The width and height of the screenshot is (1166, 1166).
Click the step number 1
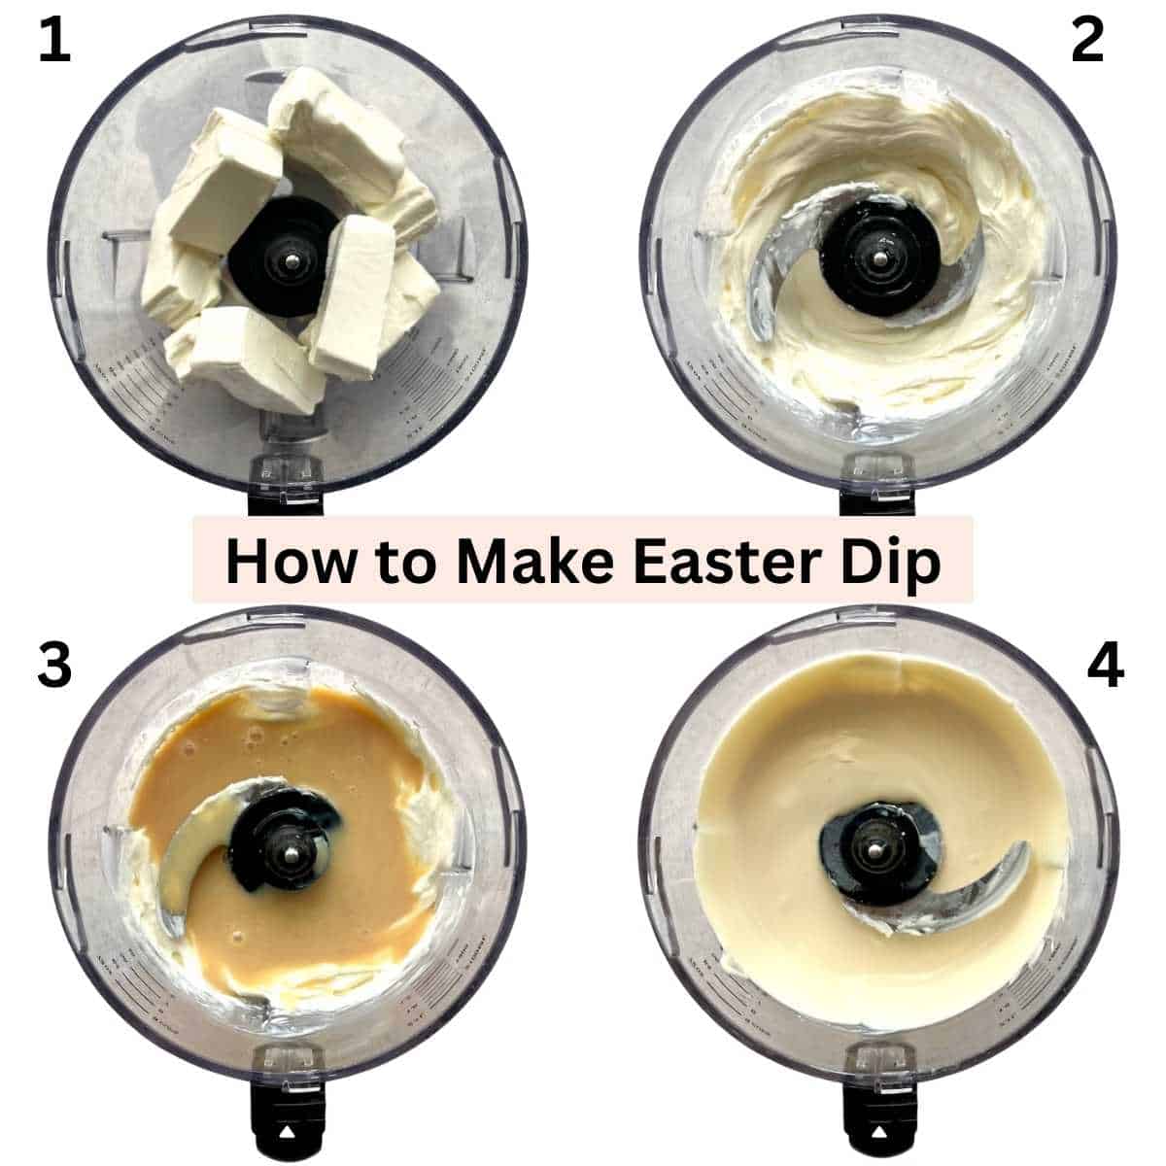54,44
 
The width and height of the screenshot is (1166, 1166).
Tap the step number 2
1087,44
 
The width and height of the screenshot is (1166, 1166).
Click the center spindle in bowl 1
288,258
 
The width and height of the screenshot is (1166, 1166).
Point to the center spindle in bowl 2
878,258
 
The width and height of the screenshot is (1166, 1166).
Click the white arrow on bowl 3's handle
287,1132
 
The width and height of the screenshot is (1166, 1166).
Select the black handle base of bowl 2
877,496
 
